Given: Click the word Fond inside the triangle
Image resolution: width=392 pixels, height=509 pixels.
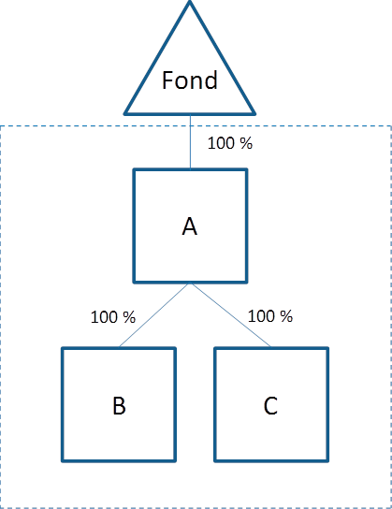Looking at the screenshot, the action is [190, 80].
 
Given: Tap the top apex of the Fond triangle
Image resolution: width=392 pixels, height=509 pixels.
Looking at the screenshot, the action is [190, 1].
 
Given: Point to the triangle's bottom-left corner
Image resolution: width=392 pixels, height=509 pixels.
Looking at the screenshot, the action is [125, 113].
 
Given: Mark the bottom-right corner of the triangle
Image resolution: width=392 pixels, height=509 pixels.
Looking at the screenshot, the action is [254, 113].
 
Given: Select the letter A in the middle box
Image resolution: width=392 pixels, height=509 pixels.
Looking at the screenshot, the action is [190, 226].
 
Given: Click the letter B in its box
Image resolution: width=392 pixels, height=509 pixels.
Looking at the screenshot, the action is [119, 405].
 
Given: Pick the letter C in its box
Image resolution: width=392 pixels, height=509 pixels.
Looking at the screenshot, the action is [270, 405].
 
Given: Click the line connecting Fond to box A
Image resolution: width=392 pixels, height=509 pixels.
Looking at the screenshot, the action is [191, 142].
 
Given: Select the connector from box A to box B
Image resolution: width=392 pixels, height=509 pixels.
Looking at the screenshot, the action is [153, 315].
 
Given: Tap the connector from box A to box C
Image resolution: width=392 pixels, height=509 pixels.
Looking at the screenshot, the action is [231, 315].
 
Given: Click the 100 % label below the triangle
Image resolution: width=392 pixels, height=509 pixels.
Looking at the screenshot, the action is [230, 143].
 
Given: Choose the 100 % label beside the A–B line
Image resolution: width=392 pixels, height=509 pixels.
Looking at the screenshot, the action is [113, 317].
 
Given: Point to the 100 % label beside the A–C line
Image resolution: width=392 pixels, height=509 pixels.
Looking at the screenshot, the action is [270, 316].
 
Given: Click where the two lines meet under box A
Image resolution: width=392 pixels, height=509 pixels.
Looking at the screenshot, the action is [190, 284].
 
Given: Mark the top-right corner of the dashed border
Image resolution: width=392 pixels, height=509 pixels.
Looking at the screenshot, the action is [391, 126].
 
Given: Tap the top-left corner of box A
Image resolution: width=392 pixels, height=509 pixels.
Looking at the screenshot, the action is [134, 169].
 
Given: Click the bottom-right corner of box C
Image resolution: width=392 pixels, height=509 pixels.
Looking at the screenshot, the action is [327, 460].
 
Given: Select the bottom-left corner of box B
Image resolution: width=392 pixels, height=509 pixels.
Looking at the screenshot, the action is [63, 460].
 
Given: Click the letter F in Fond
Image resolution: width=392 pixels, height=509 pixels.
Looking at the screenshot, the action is [167, 80].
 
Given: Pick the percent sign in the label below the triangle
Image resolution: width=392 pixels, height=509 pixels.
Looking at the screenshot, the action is [246, 143].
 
